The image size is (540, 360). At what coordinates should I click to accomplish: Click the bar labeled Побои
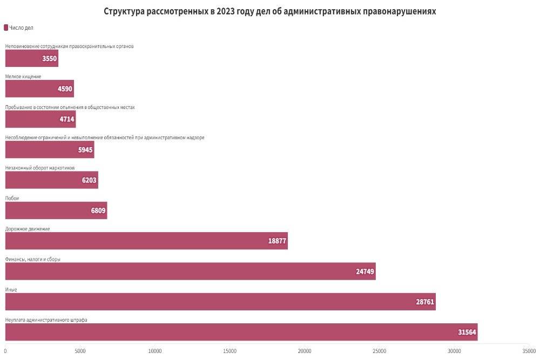point(56,210)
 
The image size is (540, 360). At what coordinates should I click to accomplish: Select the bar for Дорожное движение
point(146,241)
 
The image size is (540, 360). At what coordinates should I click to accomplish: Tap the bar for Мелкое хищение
point(39,89)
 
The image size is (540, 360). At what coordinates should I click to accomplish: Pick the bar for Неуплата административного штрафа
point(241,332)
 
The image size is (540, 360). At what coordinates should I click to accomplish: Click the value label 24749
point(365,271)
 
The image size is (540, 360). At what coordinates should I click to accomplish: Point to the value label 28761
point(425,302)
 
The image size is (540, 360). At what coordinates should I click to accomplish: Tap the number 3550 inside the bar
point(49,59)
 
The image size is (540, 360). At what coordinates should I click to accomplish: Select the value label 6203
point(89,180)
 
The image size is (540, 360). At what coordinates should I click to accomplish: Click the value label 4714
point(67,119)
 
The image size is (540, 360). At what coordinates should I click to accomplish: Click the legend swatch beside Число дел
point(6,28)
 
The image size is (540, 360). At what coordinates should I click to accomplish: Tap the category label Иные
point(11,290)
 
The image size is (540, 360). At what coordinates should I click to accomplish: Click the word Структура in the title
point(124,11)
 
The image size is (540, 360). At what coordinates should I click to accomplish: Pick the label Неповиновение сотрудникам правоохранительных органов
point(69,46)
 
